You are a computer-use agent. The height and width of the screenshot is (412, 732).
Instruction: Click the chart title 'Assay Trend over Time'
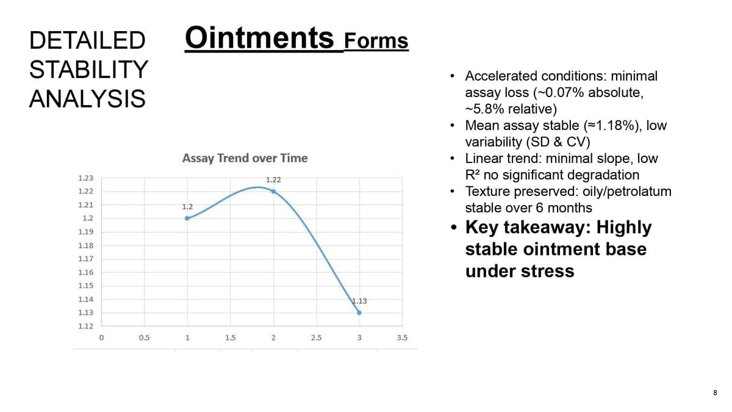245,158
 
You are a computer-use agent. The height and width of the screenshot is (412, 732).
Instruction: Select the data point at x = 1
187,219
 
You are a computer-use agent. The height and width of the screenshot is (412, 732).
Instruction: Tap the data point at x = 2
273,191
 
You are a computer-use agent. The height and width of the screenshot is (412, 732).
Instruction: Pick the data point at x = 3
359,313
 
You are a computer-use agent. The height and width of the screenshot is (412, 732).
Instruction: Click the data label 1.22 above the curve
273,180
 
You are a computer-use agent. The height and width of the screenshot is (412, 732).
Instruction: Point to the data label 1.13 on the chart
359,301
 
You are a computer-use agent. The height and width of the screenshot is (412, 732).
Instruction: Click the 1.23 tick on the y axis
85,178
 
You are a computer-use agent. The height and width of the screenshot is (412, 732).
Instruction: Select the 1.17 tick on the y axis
85,259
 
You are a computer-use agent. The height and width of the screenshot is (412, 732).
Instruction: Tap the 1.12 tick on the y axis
85,327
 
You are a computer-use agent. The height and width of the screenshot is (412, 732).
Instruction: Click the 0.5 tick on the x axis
144,338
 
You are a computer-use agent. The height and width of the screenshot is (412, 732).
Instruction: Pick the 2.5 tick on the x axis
317,338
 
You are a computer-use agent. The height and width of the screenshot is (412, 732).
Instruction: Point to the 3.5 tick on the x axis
402,338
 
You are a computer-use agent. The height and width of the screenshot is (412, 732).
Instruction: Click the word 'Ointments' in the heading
259,38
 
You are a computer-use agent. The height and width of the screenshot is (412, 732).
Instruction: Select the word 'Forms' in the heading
376,41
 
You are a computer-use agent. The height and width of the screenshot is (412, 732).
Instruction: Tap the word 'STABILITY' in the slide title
88,70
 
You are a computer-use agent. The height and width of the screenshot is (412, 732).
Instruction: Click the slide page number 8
715,392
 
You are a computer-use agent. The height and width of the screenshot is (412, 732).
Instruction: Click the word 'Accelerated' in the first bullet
501,76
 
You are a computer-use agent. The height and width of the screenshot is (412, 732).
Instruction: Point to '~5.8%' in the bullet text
485,109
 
